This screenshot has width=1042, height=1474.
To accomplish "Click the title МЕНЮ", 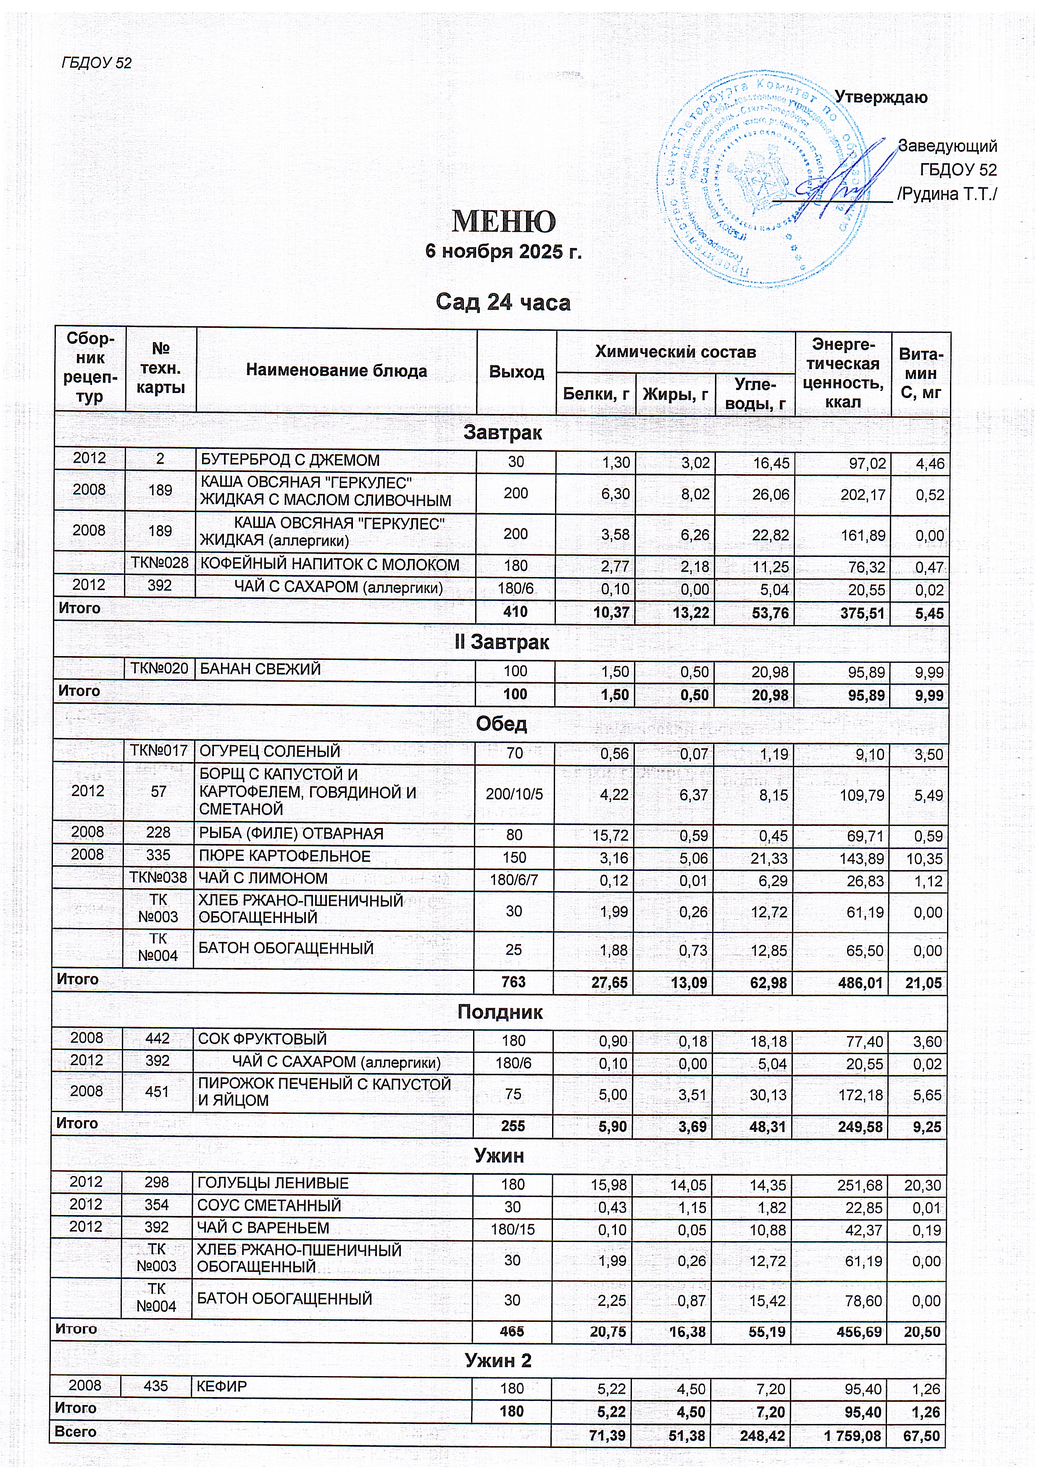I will click(504, 221).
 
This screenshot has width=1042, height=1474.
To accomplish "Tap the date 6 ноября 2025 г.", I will click(504, 252).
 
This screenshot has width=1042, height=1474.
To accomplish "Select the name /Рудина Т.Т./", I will click(947, 194).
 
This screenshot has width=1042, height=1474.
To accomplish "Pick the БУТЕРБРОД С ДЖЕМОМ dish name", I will click(290, 460).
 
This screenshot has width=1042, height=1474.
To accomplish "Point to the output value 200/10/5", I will click(514, 794).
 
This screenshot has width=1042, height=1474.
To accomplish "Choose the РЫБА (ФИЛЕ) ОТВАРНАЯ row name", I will click(291, 833).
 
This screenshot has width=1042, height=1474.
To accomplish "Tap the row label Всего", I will click(75, 1432).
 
